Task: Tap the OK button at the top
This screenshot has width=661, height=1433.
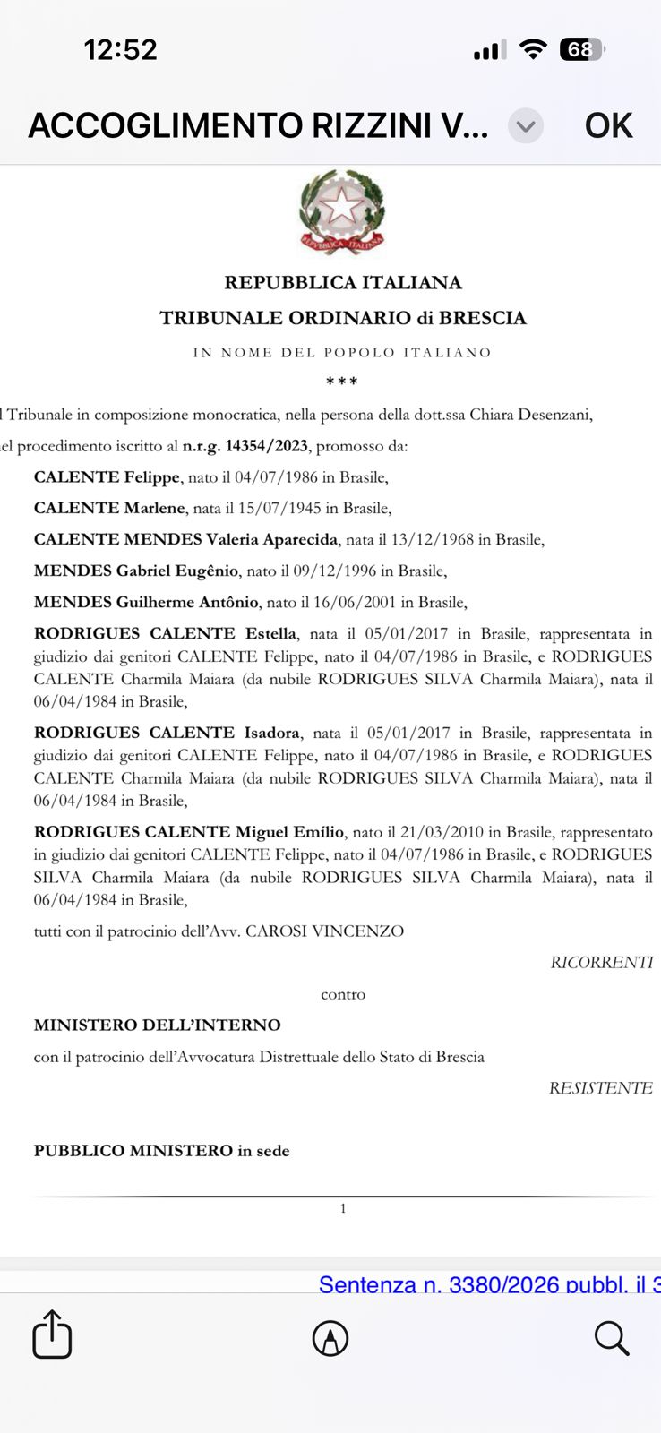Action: coord(608,125)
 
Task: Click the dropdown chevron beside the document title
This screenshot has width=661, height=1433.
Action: coord(526,126)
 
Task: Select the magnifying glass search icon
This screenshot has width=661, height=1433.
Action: coord(612,1338)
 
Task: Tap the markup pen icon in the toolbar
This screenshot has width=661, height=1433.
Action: coord(330,1338)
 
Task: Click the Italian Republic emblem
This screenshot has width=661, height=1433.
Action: coord(342,212)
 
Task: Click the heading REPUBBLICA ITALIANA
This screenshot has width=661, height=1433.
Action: coord(343,283)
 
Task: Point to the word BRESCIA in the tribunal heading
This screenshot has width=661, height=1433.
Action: coord(483,318)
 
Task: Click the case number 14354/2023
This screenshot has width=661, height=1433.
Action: coord(266,446)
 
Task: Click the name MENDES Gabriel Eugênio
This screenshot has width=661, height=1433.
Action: coord(136,571)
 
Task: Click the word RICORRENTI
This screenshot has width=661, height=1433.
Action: coord(601,963)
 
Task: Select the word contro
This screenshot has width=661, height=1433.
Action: coord(343,994)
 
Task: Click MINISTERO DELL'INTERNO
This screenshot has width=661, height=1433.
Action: coord(158,1025)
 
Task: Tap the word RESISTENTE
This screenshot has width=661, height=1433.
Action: coord(600,1088)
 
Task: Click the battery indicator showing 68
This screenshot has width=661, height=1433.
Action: coord(581,50)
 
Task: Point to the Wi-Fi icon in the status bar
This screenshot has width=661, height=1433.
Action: coord(533,50)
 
